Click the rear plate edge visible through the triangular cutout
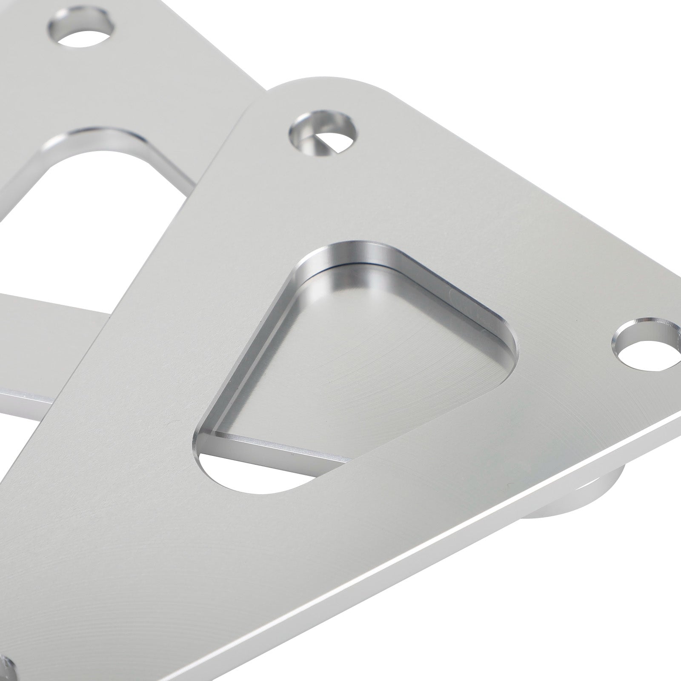pyautogui.click(x=277, y=447)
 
